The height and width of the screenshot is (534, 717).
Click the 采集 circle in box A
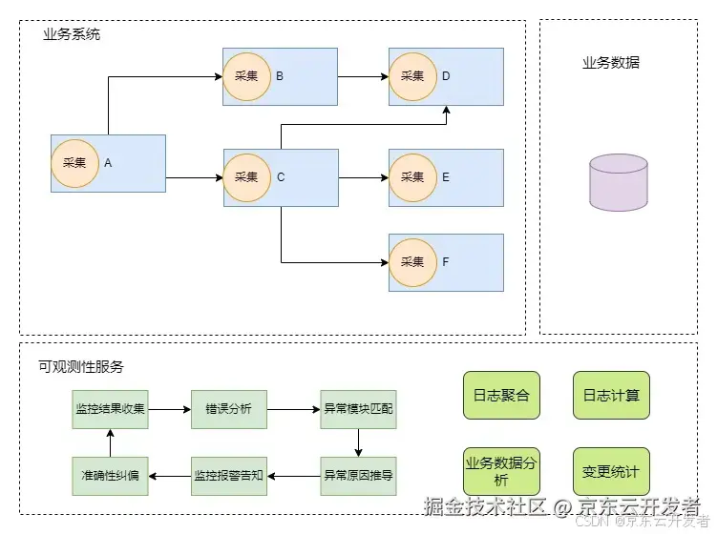pyautogui.click(x=74, y=163)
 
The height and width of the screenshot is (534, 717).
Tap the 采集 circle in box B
pyautogui.click(x=246, y=76)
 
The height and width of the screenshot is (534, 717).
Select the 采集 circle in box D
pyautogui.click(x=412, y=76)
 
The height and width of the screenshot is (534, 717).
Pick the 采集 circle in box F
pyautogui.click(x=412, y=262)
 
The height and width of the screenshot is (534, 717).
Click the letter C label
pyautogui.click(x=281, y=177)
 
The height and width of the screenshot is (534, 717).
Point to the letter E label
pyautogui.click(x=446, y=177)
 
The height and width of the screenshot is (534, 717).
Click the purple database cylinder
pyautogui.click(x=618, y=183)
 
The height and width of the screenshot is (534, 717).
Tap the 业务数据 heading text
pyautogui.click(x=611, y=63)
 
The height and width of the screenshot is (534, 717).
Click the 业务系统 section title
pyautogui.click(x=72, y=34)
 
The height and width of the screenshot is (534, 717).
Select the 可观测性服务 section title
pyautogui.click(x=81, y=366)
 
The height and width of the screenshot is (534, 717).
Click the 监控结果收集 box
pyautogui.click(x=111, y=409)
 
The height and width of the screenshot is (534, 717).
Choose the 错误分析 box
pyautogui.click(x=229, y=409)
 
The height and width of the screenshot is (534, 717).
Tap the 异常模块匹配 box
pyautogui.click(x=358, y=409)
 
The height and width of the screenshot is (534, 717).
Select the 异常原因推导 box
pyautogui.click(x=358, y=474)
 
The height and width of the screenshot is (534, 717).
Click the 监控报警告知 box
pyautogui.click(x=229, y=474)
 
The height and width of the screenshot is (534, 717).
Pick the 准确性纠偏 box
pyautogui.click(x=111, y=474)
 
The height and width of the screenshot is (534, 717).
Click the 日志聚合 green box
pyautogui.click(x=501, y=395)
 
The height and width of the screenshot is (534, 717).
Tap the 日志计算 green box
pyautogui.click(x=611, y=395)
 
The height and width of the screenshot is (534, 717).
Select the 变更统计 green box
pyautogui.click(x=611, y=472)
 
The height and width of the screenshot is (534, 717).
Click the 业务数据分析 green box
pyautogui.click(x=501, y=472)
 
